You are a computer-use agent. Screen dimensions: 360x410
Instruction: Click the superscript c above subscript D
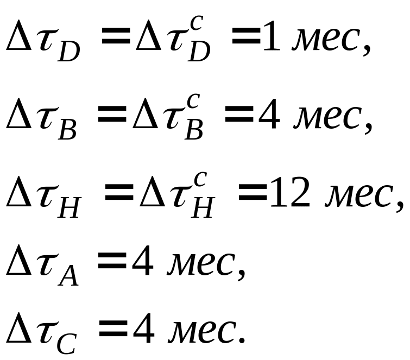pyautogui.click(x=196, y=24)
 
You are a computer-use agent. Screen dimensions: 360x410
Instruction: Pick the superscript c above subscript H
pyautogui.click(x=200, y=178)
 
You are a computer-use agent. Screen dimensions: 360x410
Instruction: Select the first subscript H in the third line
pyautogui.click(x=68, y=207)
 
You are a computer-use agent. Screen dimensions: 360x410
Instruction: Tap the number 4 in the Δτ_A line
pyautogui.click(x=143, y=262)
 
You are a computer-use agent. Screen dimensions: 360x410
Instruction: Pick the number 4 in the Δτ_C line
pyautogui.click(x=143, y=330)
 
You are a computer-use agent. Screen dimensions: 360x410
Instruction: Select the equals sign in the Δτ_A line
pyautogui.click(x=111, y=265)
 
